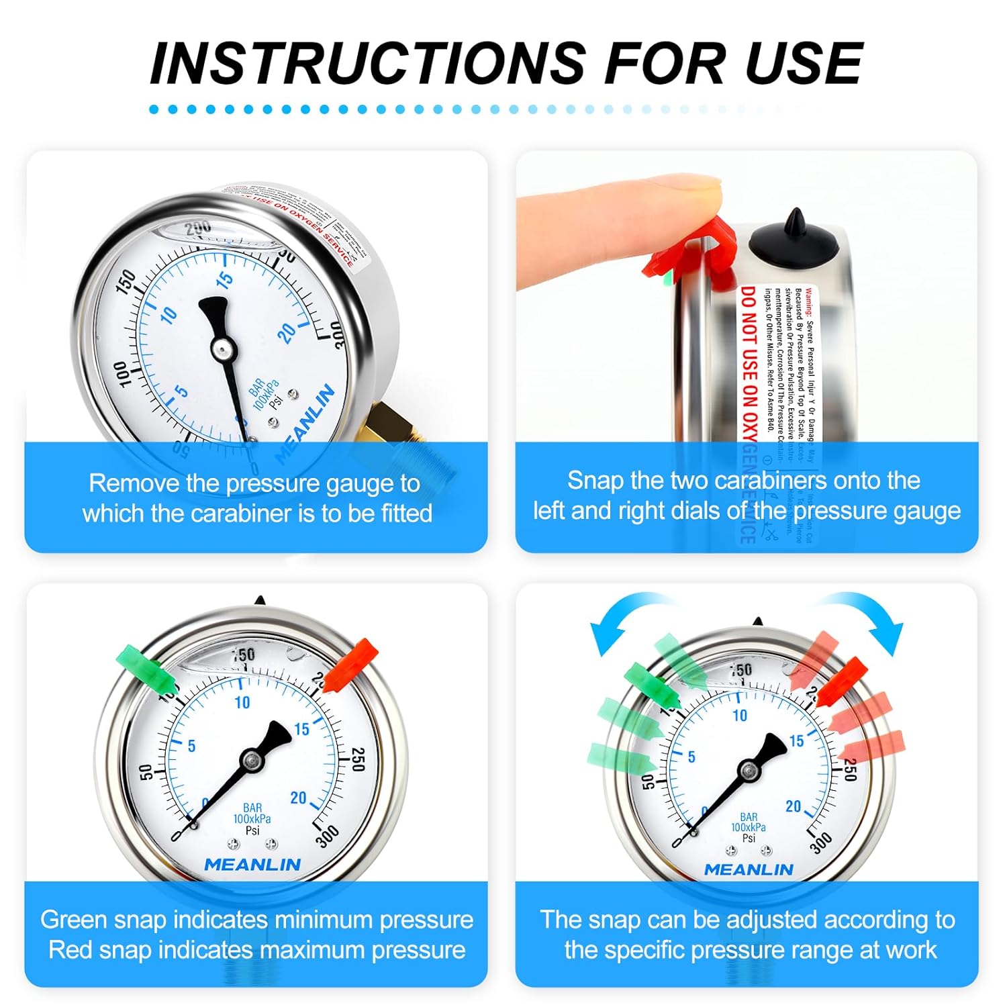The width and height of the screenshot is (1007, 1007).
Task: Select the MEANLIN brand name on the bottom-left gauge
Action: (252, 865)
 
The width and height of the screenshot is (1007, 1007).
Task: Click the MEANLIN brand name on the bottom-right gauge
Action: (749, 870)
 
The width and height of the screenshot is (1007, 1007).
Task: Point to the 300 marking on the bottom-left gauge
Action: (328, 836)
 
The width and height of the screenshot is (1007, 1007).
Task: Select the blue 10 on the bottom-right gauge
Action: (740, 716)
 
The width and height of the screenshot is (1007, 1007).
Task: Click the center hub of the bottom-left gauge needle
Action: (253, 760)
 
